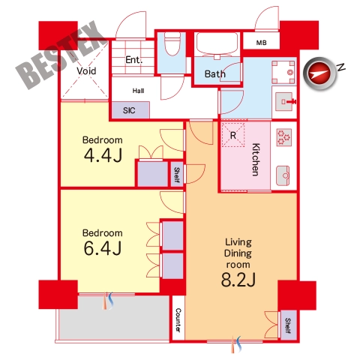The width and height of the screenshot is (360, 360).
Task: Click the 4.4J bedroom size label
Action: pyautogui.click(x=103, y=155)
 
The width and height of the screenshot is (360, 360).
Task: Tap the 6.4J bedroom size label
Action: pyautogui.click(x=103, y=248)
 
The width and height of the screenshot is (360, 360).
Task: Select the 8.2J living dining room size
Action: pyautogui.click(x=238, y=279)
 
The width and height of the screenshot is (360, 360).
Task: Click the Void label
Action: pyautogui.click(x=86, y=71)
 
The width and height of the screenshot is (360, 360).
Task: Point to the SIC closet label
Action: pyautogui.click(x=129, y=110)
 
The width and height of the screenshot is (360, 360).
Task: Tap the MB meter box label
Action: pyautogui.click(x=261, y=43)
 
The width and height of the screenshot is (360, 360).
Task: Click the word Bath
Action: pyautogui.click(x=215, y=74)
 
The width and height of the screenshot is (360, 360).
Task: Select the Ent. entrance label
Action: pyautogui.click(x=133, y=60)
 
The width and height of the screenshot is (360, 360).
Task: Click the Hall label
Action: pyautogui.click(x=138, y=91)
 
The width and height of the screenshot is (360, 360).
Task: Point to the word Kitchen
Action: pyautogui.click(x=256, y=160)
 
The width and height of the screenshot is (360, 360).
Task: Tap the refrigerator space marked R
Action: pyautogui.click(x=233, y=135)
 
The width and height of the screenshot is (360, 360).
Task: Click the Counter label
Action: pyautogui.click(x=178, y=319)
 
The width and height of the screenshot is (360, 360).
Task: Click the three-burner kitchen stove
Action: pyautogui.click(x=284, y=137)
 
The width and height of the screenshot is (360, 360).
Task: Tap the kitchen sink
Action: pyautogui.click(x=283, y=175)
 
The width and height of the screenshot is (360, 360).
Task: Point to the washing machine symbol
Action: pyautogui.click(x=283, y=72)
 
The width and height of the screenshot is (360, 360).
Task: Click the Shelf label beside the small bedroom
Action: pyautogui.click(x=177, y=175)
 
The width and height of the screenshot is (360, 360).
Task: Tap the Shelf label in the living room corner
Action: pyautogui.click(x=288, y=325)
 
